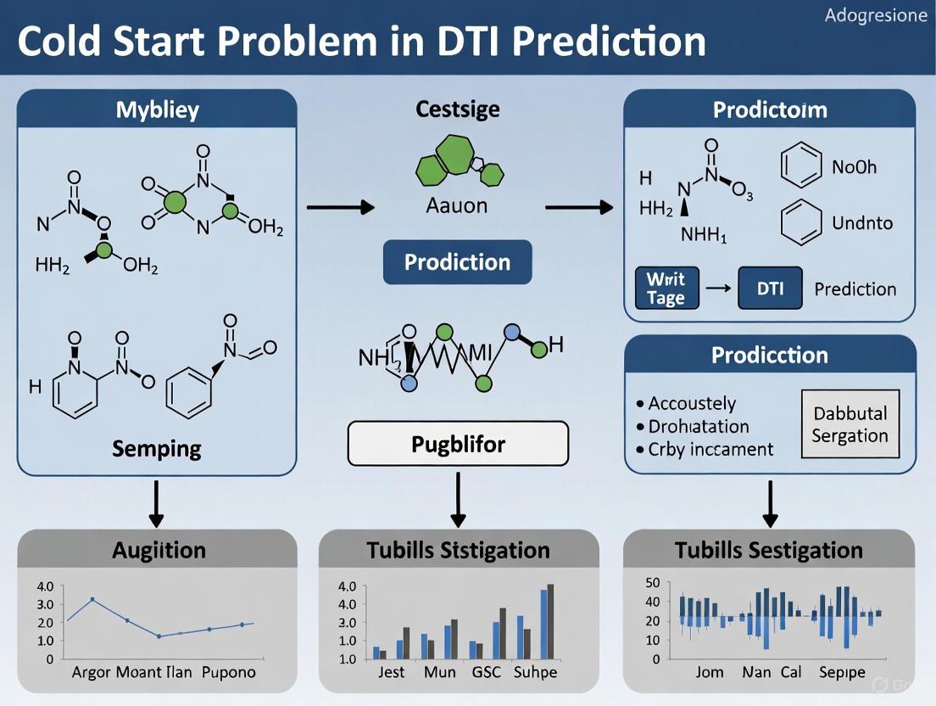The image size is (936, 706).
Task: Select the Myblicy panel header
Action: (157, 109)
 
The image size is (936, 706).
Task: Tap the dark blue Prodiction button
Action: (458, 261)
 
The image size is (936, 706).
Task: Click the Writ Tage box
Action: (666, 289)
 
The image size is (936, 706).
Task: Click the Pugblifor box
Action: (458, 443)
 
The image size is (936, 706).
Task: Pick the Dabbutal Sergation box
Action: (850, 424)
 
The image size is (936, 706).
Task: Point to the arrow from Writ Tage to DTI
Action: (718, 289)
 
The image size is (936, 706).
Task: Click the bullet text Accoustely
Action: (692, 404)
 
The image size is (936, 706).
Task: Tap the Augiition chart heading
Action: (158, 550)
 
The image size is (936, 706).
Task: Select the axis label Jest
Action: (391, 672)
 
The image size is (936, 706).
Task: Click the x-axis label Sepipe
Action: (842, 672)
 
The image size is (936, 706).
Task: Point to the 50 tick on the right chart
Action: (651, 582)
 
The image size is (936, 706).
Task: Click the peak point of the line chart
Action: (92, 599)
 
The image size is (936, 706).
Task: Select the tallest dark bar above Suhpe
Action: (550, 621)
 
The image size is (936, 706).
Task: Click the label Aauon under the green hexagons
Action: (458, 205)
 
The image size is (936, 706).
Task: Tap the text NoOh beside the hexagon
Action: (855, 166)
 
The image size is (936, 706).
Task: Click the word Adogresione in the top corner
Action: (876, 16)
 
